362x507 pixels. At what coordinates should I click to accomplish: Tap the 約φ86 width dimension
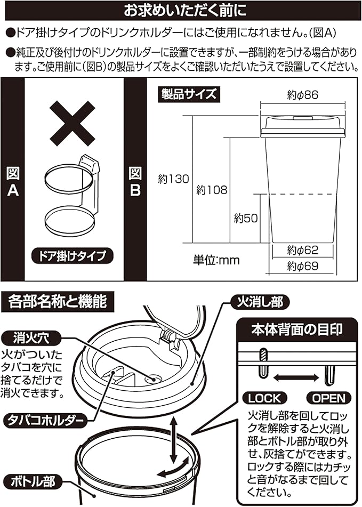click(302, 95)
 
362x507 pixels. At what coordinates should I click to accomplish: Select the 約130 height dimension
click(173, 179)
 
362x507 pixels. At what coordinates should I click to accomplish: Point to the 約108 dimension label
click(212, 190)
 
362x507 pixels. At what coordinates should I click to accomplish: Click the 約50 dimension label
click(246, 218)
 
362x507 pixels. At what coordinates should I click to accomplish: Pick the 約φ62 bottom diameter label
click(302, 250)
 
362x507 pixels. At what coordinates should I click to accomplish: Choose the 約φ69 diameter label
click(302, 266)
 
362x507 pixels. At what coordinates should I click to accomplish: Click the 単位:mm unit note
click(216, 260)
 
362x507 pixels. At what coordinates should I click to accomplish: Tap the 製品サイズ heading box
click(189, 94)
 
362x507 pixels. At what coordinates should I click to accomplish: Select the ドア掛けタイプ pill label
click(73, 256)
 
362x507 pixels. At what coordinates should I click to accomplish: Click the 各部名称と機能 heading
click(57, 302)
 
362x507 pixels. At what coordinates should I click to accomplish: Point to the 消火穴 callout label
click(31, 338)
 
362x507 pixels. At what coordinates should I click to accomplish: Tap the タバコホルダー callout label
click(45, 421)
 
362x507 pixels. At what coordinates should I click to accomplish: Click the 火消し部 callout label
click(260, 302)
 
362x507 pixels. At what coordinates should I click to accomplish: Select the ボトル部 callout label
click(33, 482)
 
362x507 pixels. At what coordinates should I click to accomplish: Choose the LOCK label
click(264, 398)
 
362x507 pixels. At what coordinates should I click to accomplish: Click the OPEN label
click(329, 398)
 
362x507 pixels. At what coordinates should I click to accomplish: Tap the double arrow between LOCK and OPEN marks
click(296, 377)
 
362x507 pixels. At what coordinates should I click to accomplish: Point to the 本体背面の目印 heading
click(297, 329)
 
